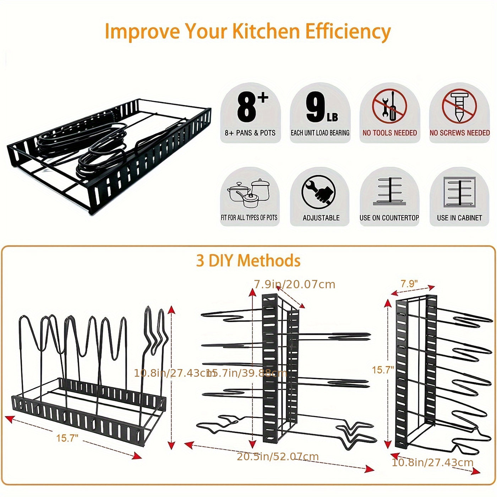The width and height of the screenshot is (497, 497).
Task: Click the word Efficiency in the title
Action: (348, 32)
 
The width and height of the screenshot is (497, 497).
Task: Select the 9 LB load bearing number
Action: (321, 108)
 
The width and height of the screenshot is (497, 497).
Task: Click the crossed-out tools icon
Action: (389, 106)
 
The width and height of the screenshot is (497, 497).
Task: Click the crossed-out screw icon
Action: (459, 106)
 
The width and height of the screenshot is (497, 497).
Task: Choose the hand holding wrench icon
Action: (318, 192)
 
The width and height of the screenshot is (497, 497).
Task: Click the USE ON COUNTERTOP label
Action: (389, 218)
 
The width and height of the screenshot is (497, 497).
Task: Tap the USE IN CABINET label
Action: (459, 218)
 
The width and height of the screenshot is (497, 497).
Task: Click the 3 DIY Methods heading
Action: (248, 261)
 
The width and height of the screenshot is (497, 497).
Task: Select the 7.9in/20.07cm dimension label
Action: (295, 284)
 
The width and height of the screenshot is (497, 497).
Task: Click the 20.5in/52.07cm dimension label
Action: (278, 457)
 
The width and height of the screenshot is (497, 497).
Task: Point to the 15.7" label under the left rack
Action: (67, 438)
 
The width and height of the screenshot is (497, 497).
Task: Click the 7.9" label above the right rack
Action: (409, 284)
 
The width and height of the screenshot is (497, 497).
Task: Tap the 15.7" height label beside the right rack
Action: (383, 370)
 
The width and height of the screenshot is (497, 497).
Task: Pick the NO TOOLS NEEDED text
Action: (389, 133)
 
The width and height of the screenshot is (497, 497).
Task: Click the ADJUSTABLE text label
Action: (321, 218)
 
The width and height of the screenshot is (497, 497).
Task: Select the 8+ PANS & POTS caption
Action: (250, 133)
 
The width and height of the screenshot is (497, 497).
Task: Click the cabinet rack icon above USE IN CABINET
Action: (459, 192)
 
